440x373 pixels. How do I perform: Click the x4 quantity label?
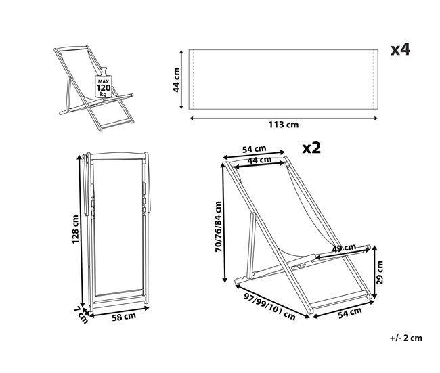click(401, 50)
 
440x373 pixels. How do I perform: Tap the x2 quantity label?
click(311, 148)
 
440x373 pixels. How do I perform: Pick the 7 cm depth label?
click(81, 313)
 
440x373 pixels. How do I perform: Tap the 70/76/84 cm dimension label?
click(217, 229)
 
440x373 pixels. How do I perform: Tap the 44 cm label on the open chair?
click(259, 160)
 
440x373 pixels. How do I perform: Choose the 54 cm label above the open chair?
click(254, 149)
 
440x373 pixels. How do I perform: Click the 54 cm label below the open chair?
click(349, 312)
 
